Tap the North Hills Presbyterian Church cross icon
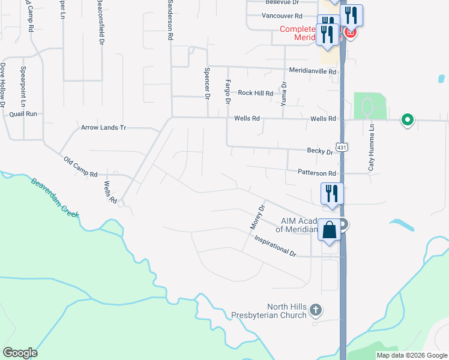(316, 310)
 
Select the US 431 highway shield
(342, 147)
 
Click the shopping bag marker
(330, 230)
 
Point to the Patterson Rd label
(316, 173)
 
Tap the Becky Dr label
(319, 152)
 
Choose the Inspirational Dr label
(276, 245)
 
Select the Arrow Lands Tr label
(104, 128)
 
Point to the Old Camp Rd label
(80, 167)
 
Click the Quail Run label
(24, 113)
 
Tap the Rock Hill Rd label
(255, 93)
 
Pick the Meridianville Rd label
(313, 71)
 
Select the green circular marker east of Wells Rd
(408, 120)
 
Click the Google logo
(20, 353)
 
